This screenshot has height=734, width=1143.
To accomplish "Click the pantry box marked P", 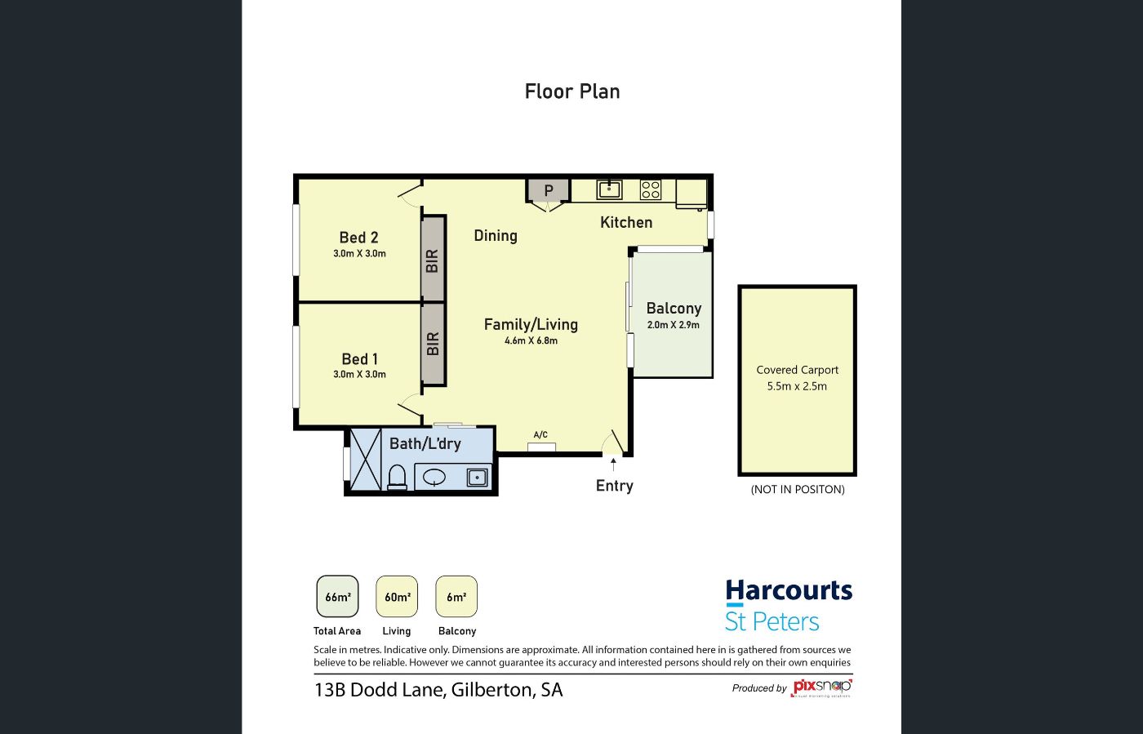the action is (548, 190).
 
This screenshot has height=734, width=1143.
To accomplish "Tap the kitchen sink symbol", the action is (609, 189).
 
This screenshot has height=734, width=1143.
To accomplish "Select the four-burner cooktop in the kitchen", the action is (651, 190).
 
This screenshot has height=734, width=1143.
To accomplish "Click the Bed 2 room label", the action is (358, 238).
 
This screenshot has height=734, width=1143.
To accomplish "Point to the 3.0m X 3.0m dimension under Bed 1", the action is (359, 374).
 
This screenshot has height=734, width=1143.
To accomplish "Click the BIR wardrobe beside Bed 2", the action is (434, 260).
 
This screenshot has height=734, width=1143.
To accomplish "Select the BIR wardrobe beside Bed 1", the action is (434, 344).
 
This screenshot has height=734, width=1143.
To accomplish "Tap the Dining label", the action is (496, 235).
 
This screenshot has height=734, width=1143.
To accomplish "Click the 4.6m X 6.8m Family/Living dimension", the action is (531, 340).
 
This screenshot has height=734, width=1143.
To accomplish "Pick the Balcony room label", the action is (674, 309).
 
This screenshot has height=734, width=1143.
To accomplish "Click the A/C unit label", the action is (540, 434).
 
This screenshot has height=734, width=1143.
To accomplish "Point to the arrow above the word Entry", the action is (613, 464).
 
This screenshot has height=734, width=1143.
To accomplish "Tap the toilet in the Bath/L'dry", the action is (397, 478).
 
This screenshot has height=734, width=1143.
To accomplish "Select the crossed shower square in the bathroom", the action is (366, 460).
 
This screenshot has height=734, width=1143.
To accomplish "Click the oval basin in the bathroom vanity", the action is (434, 478).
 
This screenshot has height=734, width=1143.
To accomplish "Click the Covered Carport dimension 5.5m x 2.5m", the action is (797, 386).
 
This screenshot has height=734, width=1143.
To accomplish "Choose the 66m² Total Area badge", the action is (337, 597).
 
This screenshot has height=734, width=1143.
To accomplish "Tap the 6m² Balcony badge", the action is (456, 597).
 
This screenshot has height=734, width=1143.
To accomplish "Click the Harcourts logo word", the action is (789, 591).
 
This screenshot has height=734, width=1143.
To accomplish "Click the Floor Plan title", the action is (572, 91).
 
